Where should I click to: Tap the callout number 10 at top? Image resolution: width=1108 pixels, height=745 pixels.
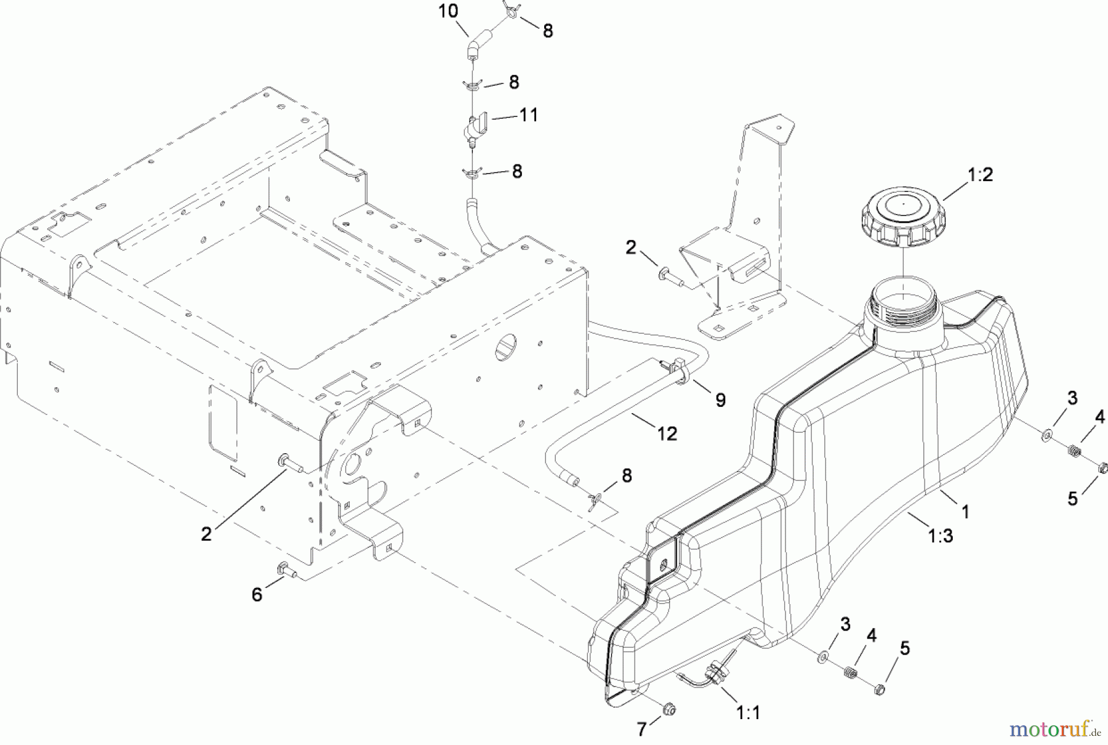click(448, 12)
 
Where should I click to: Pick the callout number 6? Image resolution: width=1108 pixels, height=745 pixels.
click(257, 594)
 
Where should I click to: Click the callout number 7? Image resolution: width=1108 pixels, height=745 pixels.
click(641, 730)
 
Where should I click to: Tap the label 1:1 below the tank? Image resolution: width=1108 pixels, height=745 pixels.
click(748, 713)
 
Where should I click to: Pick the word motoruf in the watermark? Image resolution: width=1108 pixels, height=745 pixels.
click(1048, 730)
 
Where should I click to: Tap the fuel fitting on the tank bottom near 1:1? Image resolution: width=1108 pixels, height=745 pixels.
click(716, 669)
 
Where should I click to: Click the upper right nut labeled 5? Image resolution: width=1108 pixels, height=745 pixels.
click(1102, 469)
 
